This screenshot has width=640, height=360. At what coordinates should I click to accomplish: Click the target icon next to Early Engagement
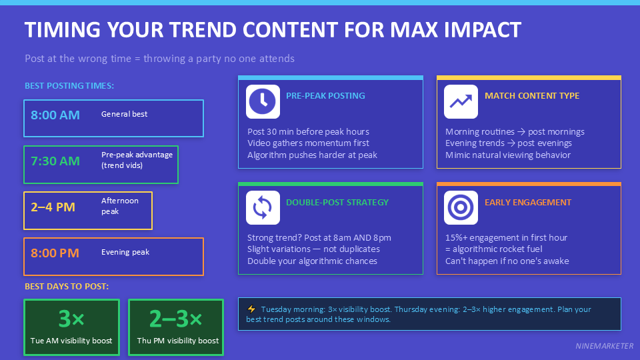pos(461,208)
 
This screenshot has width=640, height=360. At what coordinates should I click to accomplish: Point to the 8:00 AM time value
pos(55,115)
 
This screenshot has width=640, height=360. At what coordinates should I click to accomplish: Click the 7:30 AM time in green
pos(55,161)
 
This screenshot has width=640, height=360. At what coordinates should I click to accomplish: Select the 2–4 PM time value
pos(53,207)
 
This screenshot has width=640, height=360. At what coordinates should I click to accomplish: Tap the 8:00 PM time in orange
pos(55,253)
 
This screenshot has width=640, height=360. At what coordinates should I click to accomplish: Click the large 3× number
pos(71,320)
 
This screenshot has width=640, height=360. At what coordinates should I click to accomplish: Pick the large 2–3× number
pos(176,320)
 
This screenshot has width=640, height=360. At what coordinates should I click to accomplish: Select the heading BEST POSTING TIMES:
pos(69,86)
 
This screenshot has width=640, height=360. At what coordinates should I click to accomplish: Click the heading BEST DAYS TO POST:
pos(67,287)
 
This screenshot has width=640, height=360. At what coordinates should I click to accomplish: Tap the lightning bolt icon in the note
pos(251,309)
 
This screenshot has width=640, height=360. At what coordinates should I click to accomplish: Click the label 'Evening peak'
pos(125,253)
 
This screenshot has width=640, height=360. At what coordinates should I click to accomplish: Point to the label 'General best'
pos(125,114)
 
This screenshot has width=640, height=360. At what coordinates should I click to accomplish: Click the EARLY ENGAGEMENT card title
pos(528,203)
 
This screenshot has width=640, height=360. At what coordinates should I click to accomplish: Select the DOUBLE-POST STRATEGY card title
pos(337,203)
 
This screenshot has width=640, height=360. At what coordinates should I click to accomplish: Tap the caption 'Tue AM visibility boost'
pos(71,341)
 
